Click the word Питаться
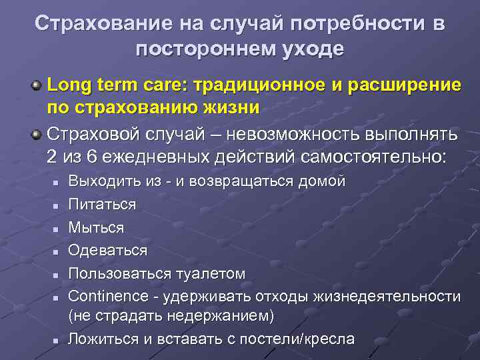[x=102, y=204]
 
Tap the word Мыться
[x=96, y=227]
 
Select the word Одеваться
[x=108, y=250]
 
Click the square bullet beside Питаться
[x=57, y=205]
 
